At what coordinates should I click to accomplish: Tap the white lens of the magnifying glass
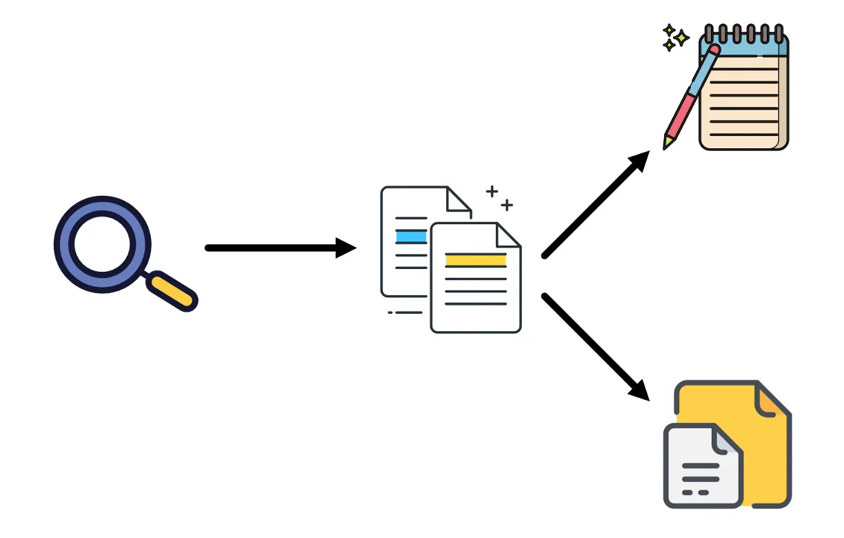(101, 244)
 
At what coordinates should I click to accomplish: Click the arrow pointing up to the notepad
(596, 203)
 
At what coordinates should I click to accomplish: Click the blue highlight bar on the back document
(412, 237)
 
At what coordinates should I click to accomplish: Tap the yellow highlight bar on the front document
(475, 260)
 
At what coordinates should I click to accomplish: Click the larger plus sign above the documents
(492, 191)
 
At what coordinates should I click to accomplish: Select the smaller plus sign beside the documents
(507, 205)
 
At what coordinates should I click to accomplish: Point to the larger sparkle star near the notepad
(681, 38)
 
